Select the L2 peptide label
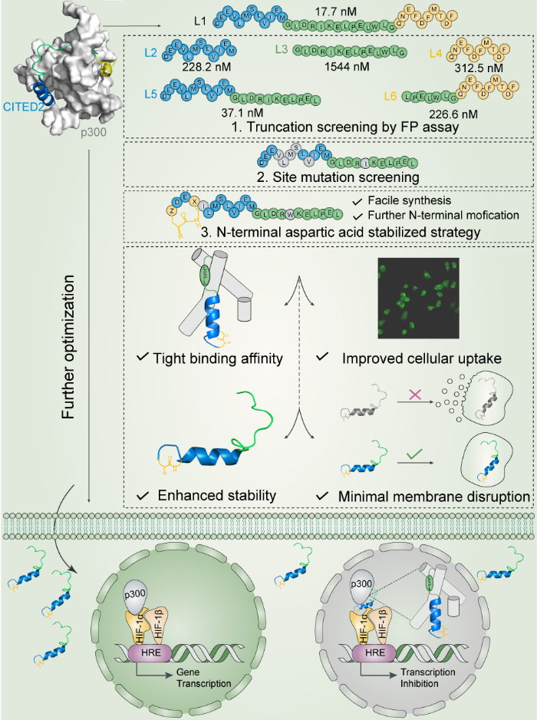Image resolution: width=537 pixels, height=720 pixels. [x=150, y=52]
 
